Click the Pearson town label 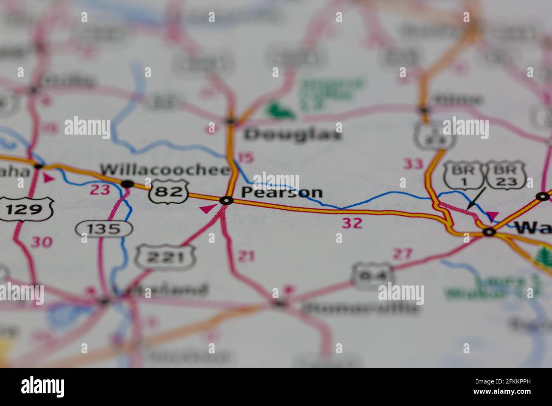pos(282,192)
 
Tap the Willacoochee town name pos(165,169)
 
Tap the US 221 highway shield pos(165,257)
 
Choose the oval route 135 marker pos(104,229)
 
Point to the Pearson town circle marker pos(226,200)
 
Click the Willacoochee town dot pos(127,184)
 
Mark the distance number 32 pos(352,223)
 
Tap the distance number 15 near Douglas pos(245,158)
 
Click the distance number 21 pos(246,256)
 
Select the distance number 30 pos(41,242)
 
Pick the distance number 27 pos(402,254)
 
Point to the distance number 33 pos(413,164)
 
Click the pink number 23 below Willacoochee pos(100,189)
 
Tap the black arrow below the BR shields pos(475,199)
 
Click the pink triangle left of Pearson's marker pos(208,208)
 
